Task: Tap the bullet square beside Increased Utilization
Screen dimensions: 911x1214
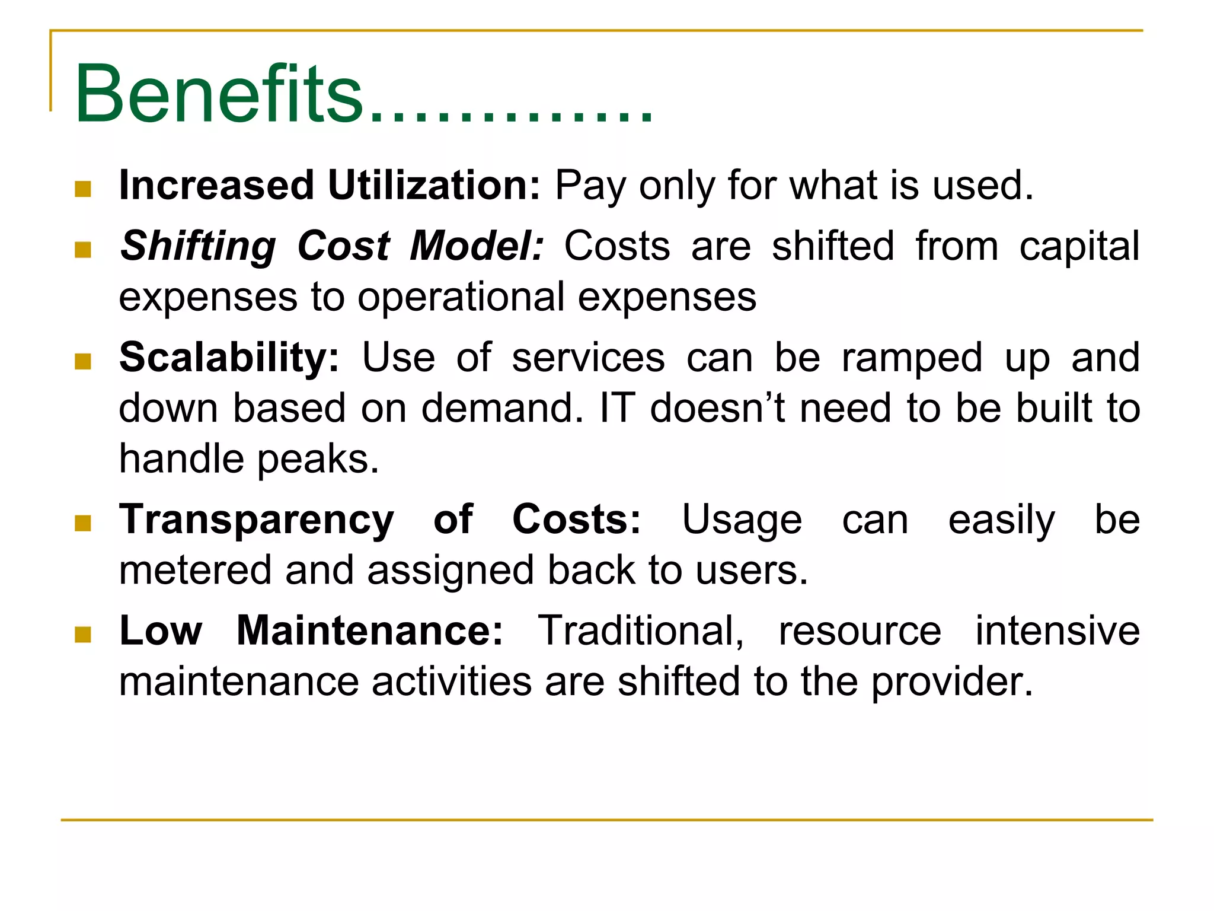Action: [x=83, y=189]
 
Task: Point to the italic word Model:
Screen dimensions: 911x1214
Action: [x=477, y=246]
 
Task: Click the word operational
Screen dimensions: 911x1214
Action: [x=461, y=297]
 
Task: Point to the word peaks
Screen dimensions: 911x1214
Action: [x=318, y=460]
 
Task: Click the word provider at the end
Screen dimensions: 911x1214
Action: [x=951, y=682]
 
